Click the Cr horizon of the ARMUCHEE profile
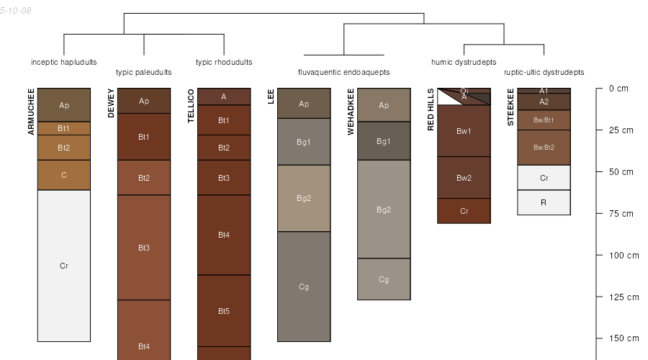[x=64, y=266]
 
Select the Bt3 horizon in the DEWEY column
[x=144, y=247]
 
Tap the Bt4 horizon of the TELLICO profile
[x=224, y=235]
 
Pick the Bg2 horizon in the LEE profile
[x=304, y=199]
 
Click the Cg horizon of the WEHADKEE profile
[x=384, y=279]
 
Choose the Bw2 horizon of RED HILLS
[x=464, y=178]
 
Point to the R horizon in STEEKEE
[x=544, y=202]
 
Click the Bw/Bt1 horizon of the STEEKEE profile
[x=544, y=120]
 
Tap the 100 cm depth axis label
[x=624, y=256]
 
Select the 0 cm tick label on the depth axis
[x=618, y=89]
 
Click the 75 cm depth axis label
[x=621, y=214]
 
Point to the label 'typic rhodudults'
[x=224, y=63]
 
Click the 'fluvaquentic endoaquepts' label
[x=344, y=72]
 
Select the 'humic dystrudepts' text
[x=464, y=63]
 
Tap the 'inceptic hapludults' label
[x=64, y=63]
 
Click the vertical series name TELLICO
[x=191, y=106]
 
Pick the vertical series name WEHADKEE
[x=351, y=112]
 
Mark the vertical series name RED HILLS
[x=431, y=109]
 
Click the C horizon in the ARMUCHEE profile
[x=64, y=175]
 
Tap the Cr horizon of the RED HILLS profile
[x=464, y=211]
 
